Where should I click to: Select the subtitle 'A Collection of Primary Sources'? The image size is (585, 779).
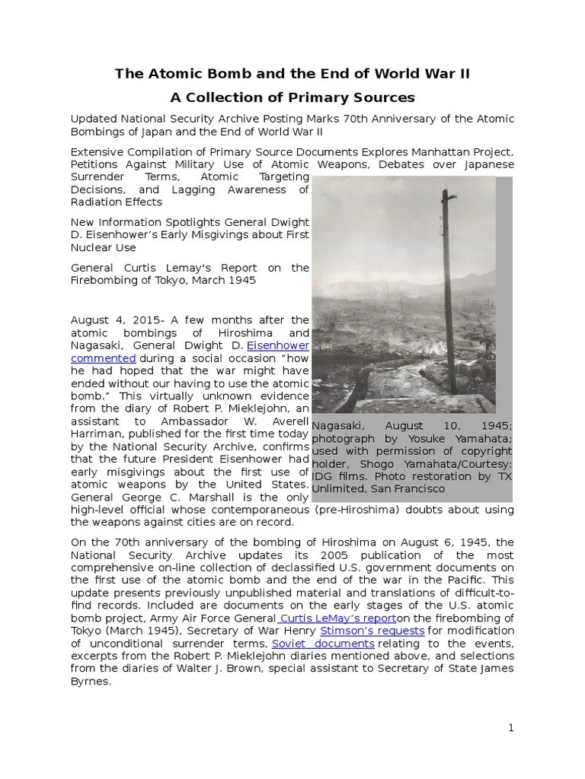pos(292,97)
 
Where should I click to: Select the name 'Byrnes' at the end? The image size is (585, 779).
pos(90,682)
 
